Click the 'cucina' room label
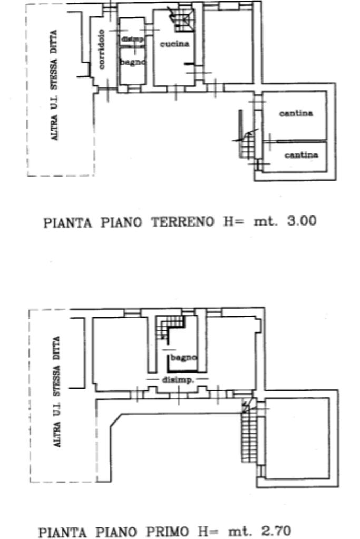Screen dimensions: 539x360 174,44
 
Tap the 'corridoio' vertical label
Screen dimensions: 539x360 101,49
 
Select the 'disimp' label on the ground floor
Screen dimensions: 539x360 132,39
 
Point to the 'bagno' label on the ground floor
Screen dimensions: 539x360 132,62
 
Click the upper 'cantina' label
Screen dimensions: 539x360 296,113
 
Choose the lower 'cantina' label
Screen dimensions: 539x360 301,155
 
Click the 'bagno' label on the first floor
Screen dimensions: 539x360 183,357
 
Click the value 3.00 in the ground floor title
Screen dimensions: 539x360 301,221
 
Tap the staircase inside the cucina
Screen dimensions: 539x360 180,20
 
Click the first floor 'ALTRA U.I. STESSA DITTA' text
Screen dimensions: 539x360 57,392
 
